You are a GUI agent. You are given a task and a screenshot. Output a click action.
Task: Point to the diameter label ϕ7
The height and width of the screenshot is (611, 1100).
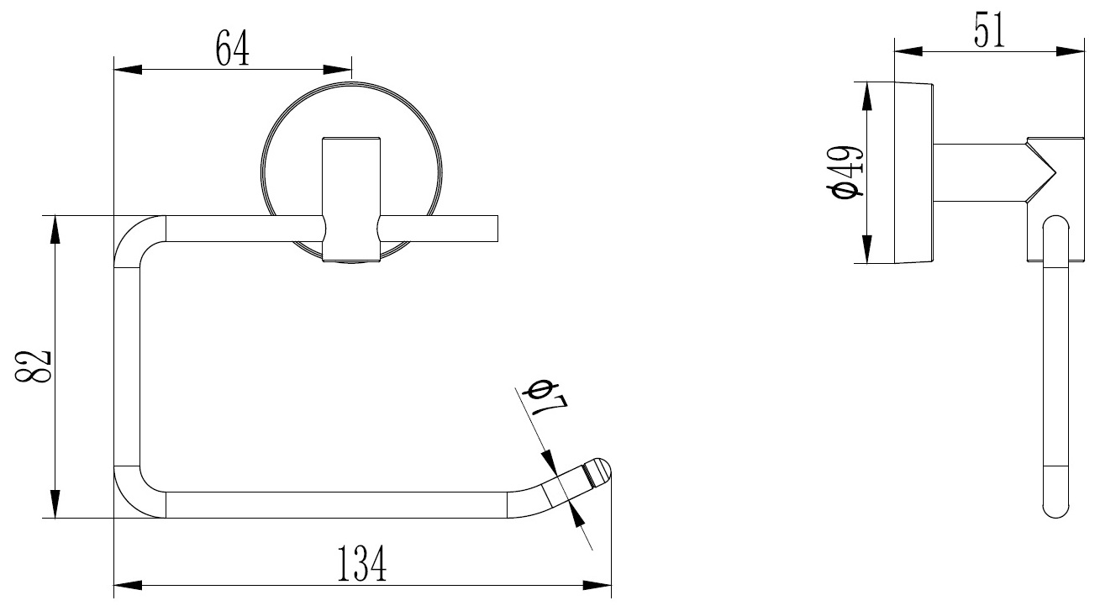[x=545, y=403]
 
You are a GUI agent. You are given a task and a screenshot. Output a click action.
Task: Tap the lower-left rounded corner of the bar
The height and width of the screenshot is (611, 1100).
[x=134, y=497]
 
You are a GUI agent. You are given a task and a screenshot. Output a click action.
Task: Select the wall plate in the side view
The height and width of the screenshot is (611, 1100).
[x=914, y=172]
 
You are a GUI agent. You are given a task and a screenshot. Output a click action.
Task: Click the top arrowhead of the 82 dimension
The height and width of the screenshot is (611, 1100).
[x=55, y=228]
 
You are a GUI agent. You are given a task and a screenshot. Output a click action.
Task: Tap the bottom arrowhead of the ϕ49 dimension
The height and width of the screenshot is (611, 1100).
[x=866, y=251]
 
